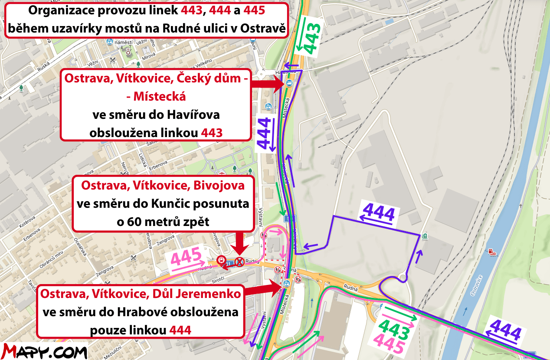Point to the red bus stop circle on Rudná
(x=221, y=261)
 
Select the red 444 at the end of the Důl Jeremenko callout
(x=180, y=330)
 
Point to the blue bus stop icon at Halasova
(x=288, y=82)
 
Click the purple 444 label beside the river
(x=504, y=331)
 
